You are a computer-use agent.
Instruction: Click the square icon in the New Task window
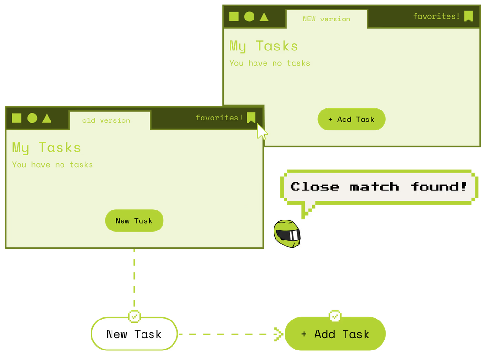(x=17, y=118)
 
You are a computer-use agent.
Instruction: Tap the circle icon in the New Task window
(x=32, y=118)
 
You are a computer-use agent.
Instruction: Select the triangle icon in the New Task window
(x=47, y=118)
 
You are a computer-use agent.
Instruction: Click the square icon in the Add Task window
(x=234, y=17)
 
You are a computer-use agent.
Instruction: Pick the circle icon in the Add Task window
(x=249, y=17)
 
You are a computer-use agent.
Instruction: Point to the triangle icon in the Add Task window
(x=264, y=17)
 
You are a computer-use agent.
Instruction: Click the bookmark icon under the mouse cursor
(x=251, y=118)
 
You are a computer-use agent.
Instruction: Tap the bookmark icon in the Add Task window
(x=468, y=17)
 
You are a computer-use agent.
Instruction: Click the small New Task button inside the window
(x=134, y=221)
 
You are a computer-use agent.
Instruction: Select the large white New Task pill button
(x=134, y=334)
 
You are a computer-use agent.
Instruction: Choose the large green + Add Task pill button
(x=335, y=334)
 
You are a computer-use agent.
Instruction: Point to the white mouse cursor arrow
(x=262, y=131)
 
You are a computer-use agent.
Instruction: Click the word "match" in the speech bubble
(x=375, y=187)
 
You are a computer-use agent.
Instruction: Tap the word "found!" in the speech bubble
(x=439, y=187)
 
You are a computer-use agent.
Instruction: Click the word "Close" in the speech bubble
(x=315, y=187)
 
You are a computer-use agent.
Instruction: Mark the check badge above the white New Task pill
(x=135, y=316)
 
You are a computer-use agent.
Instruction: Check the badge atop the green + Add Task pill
(x=335, y=316)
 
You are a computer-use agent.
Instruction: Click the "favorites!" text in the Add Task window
(x=437, y=16)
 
